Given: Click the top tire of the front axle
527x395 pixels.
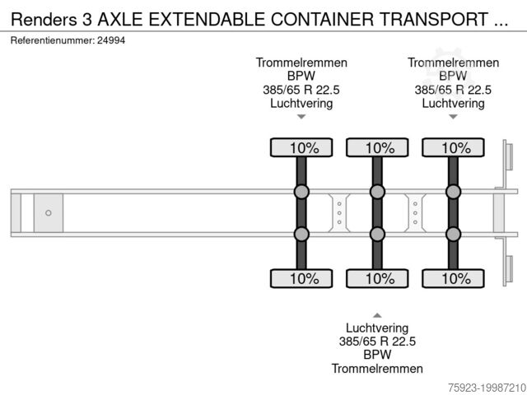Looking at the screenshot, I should [301, 148].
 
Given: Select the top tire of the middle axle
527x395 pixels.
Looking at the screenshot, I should [377, 148].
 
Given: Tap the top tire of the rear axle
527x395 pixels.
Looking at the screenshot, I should [453, 148].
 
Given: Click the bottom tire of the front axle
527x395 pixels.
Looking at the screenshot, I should [301, 278].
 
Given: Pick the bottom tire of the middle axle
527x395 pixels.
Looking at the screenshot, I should [377, 278].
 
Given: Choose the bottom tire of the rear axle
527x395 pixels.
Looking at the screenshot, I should [453, 278].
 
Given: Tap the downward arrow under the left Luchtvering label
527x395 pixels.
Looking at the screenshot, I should [301, 117].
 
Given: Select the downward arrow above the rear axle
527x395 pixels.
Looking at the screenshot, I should [453, 117].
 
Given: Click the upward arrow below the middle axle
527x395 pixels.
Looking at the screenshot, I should [377, 314].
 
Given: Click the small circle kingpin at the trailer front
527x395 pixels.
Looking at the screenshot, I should [48, 213].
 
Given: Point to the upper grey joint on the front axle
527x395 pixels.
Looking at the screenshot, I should [301, 193].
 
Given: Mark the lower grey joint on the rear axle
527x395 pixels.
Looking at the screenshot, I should [453, 234].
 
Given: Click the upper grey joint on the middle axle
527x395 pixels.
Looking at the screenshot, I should [377, 193].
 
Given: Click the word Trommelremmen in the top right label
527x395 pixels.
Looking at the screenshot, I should [453, 63].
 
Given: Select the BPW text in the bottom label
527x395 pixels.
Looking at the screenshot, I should [377, 355].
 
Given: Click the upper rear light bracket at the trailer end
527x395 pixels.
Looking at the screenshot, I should [507, 160].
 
